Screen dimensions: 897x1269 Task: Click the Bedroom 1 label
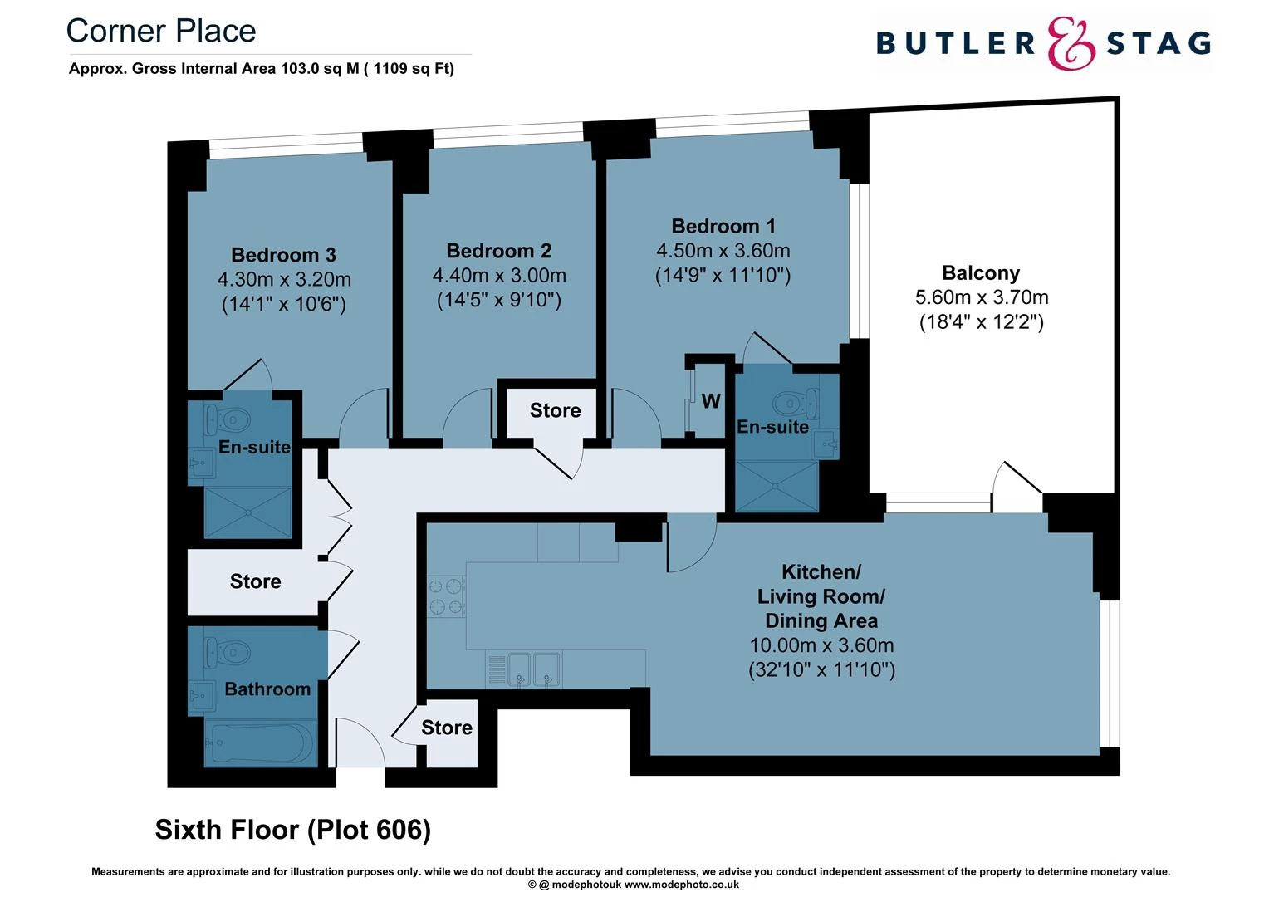pos(723,226)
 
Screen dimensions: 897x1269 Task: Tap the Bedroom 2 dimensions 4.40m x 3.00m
pos(499,275)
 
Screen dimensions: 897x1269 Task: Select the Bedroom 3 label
pos(283,255)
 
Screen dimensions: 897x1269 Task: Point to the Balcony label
pos(981,272)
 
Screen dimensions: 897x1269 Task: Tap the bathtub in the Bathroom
pos(260,742)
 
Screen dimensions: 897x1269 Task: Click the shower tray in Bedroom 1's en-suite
pos(777,487)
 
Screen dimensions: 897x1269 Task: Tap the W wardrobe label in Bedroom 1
pos(711,401)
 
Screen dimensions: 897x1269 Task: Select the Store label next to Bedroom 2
pos(555,410)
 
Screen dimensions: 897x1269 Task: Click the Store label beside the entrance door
pos(447,728)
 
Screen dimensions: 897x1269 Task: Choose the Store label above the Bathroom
pos(255,581)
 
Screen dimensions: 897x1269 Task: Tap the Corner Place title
pos(161,31)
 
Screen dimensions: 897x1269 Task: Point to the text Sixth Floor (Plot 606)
pos(293,829)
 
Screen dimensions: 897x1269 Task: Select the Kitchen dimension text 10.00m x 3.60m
pos(821,645)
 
